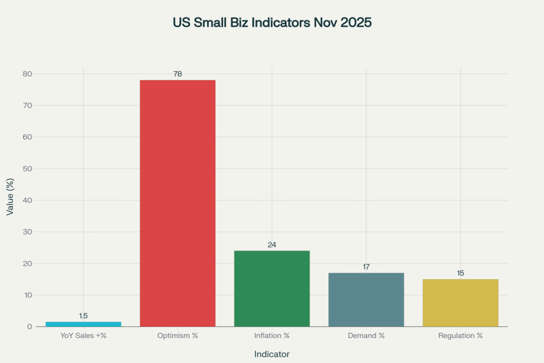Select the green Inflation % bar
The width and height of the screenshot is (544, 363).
coord(271,288)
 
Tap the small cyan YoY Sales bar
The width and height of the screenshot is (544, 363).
coord(83,324)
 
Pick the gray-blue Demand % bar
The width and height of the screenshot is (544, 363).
coord(366,299)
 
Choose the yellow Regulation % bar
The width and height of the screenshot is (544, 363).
coord(460,302)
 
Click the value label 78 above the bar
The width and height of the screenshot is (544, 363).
coord(177,74)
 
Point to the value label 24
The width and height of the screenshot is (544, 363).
coord(271,244)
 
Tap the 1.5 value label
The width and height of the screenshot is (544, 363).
coord(83,316)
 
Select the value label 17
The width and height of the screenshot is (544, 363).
coord(366,266)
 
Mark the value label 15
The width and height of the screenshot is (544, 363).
coord(460,273)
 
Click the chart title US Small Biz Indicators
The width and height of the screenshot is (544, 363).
coord(271,23)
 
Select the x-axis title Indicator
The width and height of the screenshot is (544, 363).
coord(271,354)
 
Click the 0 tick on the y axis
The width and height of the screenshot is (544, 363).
coord(30,326)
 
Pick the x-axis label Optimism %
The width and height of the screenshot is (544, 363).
coord(177,336)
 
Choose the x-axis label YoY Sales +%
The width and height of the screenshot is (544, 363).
coord(83,336)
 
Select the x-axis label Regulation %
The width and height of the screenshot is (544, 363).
coord(460,336)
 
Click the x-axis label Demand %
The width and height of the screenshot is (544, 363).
coord(366,336)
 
